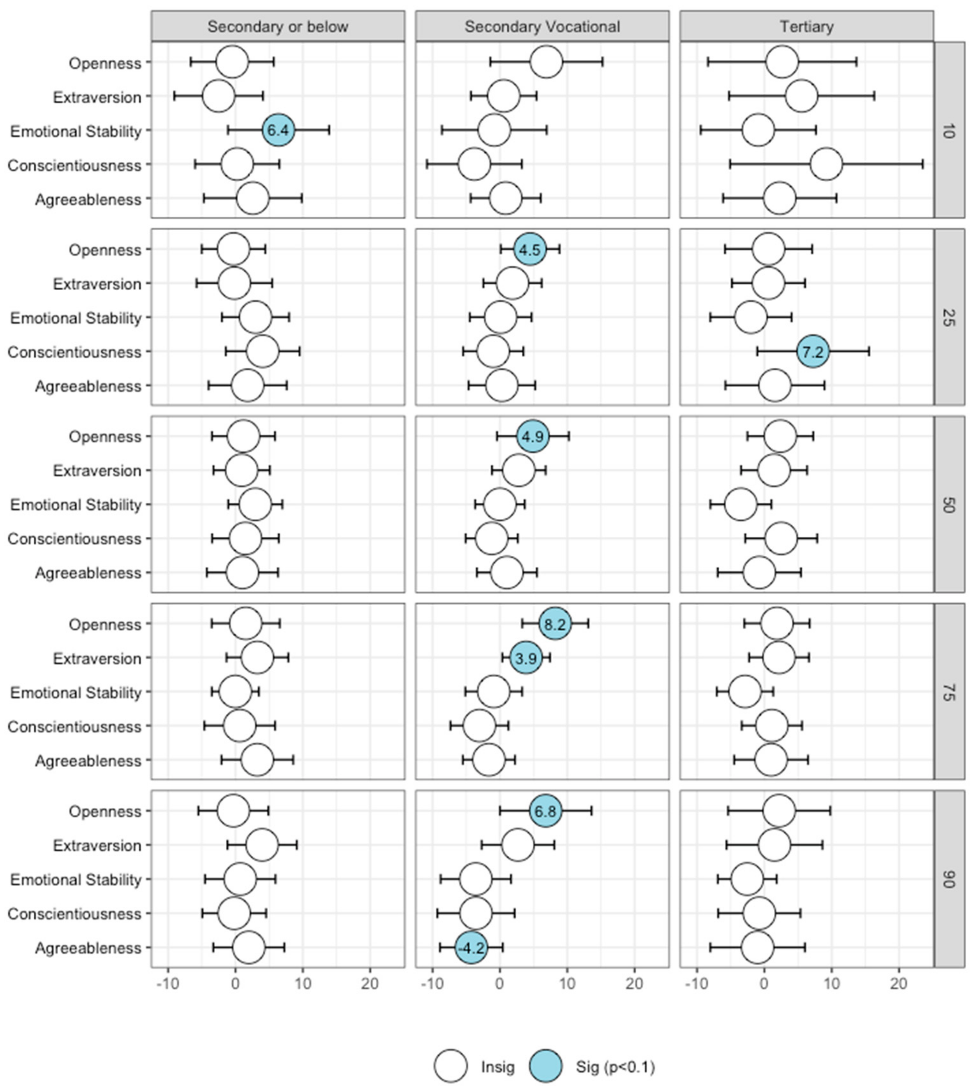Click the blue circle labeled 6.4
pos(278,130)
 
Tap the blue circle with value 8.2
pos(555,624)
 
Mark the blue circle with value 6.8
pos(545,811)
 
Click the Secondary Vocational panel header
pos(542,27)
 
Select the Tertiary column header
pos(807,27)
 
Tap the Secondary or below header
pos(278,27)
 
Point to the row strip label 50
pos(949,505)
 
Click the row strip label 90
pos(949,879)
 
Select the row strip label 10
pos(949,130)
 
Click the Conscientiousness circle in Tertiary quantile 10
pos(826,165)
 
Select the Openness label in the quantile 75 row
pos(105,624)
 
